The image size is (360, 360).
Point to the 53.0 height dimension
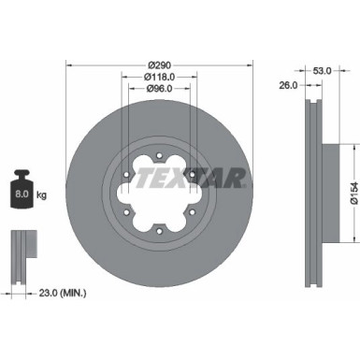coord(322,70)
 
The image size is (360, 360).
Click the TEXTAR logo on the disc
coord(193,177)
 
